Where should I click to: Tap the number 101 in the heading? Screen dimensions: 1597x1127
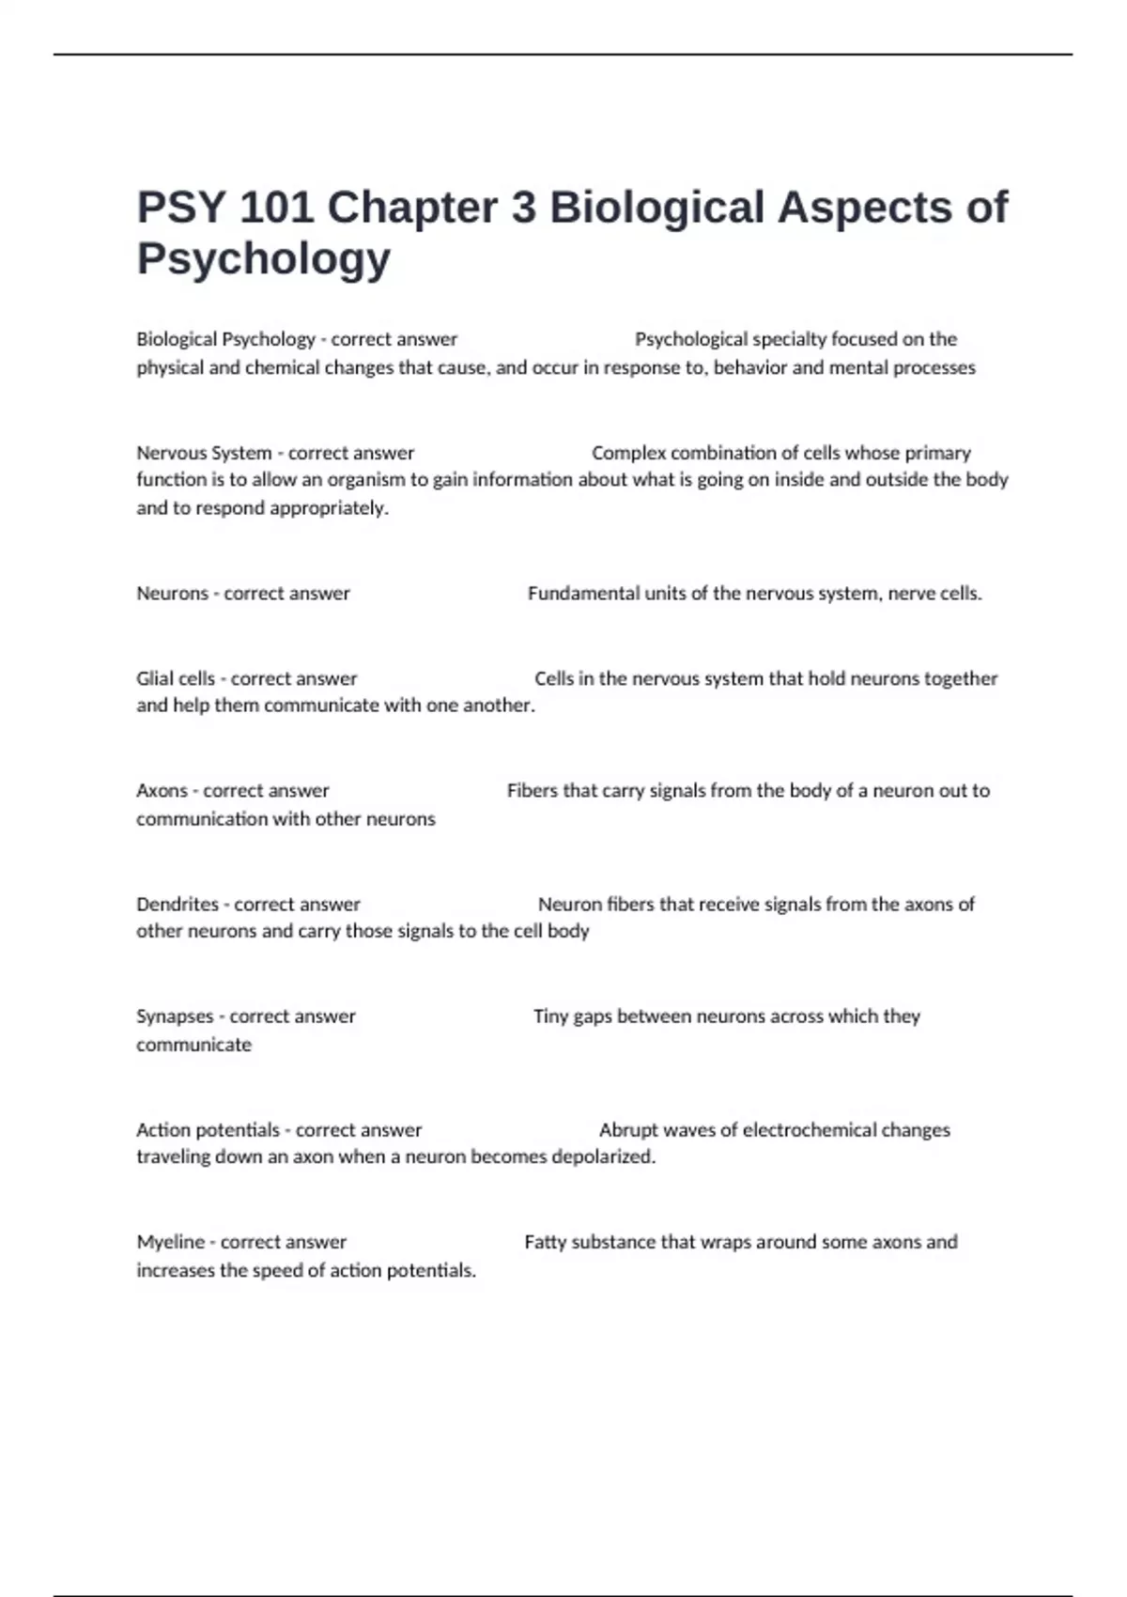pos(277,208)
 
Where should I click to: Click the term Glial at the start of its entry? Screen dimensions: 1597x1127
pos(155,678)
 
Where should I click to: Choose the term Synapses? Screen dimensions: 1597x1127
pos(175,1016)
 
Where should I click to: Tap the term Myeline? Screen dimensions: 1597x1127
pos(170,1242)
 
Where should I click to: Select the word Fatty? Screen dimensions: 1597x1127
pos(545,1242)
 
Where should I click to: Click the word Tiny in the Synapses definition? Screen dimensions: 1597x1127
pos(550,1016)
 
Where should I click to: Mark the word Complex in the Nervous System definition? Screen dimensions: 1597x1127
pos(627,453)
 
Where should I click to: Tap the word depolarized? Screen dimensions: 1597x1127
pos(603,1156)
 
